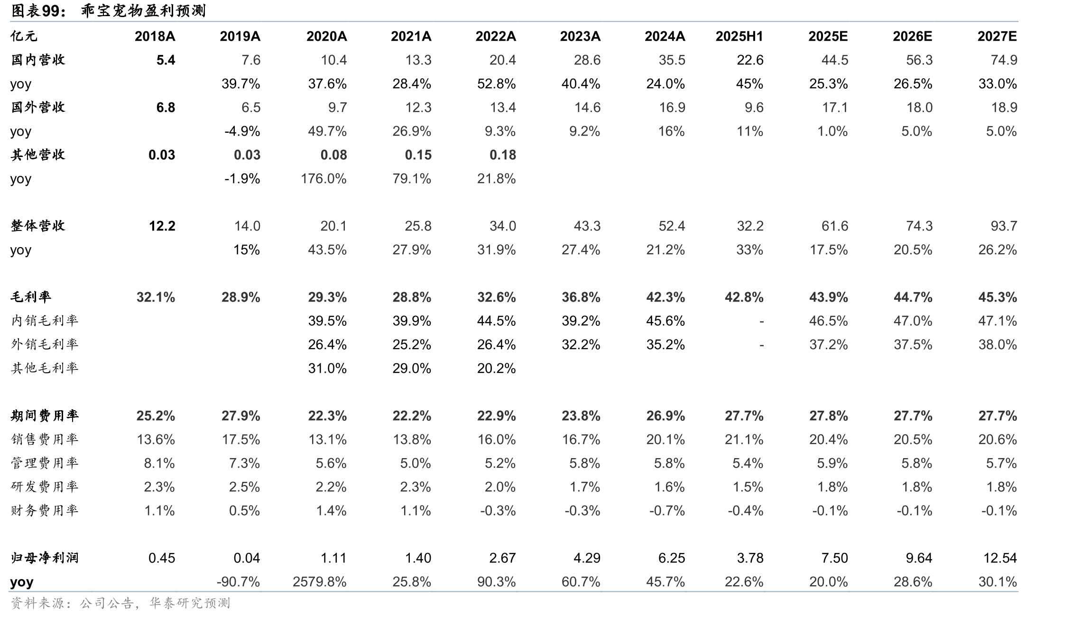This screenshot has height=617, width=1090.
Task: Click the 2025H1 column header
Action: tap(739, 37)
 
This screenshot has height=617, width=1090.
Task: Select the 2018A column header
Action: tap(155, 37)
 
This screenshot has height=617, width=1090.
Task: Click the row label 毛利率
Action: tap(31, 297)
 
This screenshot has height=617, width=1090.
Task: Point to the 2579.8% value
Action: tap(320, 582)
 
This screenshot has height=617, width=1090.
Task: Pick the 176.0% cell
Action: tap(323, 179)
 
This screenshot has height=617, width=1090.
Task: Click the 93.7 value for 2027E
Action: tap(1004, 226)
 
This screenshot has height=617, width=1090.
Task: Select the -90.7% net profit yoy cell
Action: tap(238, 582)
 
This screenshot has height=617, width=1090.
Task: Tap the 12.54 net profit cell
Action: tap(1000, 558)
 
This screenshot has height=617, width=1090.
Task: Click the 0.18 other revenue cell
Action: tap(502, 155)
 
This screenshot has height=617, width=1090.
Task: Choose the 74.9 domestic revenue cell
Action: tap(1004, 60)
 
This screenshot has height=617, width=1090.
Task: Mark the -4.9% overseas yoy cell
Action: tap(242, 131)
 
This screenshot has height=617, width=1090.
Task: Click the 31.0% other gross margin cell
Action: tap(327, 368)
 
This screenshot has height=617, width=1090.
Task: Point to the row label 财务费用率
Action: tap(45, 510)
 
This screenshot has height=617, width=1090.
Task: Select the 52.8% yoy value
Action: tap(496, 84)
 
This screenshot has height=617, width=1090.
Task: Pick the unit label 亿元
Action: tap(24, 37)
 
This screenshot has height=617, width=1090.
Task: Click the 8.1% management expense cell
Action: tap(159, 463)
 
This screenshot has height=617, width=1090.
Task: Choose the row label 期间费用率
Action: tap(45, 415)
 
